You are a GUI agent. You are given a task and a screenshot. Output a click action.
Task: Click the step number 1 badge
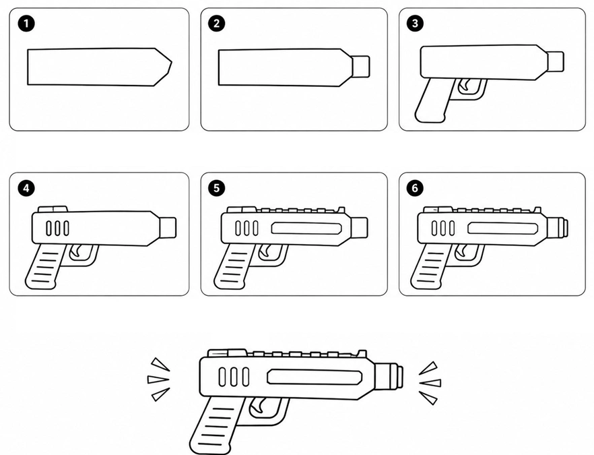pos(26,24)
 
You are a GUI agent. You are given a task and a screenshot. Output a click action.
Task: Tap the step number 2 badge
pos(216,24)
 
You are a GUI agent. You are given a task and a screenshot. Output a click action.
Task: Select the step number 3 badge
pos(415,24)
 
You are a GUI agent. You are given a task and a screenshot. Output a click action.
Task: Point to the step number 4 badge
pos(26,188)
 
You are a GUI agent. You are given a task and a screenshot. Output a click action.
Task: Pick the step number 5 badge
pos(216,188)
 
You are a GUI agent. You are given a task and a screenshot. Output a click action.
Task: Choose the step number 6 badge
pos(415,188)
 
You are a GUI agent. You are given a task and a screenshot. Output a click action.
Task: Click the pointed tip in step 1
pos(172,63)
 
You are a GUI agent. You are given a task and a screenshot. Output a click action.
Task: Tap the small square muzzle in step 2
pos(361,67)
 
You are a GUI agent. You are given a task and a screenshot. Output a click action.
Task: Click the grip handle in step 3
pos(432,100)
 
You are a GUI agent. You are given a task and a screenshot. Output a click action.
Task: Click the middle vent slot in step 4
pos(58,229)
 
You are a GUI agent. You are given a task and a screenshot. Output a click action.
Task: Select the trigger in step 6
pos(461,250)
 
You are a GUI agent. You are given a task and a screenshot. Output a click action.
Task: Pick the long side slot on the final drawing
pos(315,377)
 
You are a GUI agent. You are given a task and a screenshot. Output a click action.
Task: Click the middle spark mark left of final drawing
pos(158,379)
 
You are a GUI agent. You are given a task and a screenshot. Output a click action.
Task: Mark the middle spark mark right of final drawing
pos(430,383)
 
